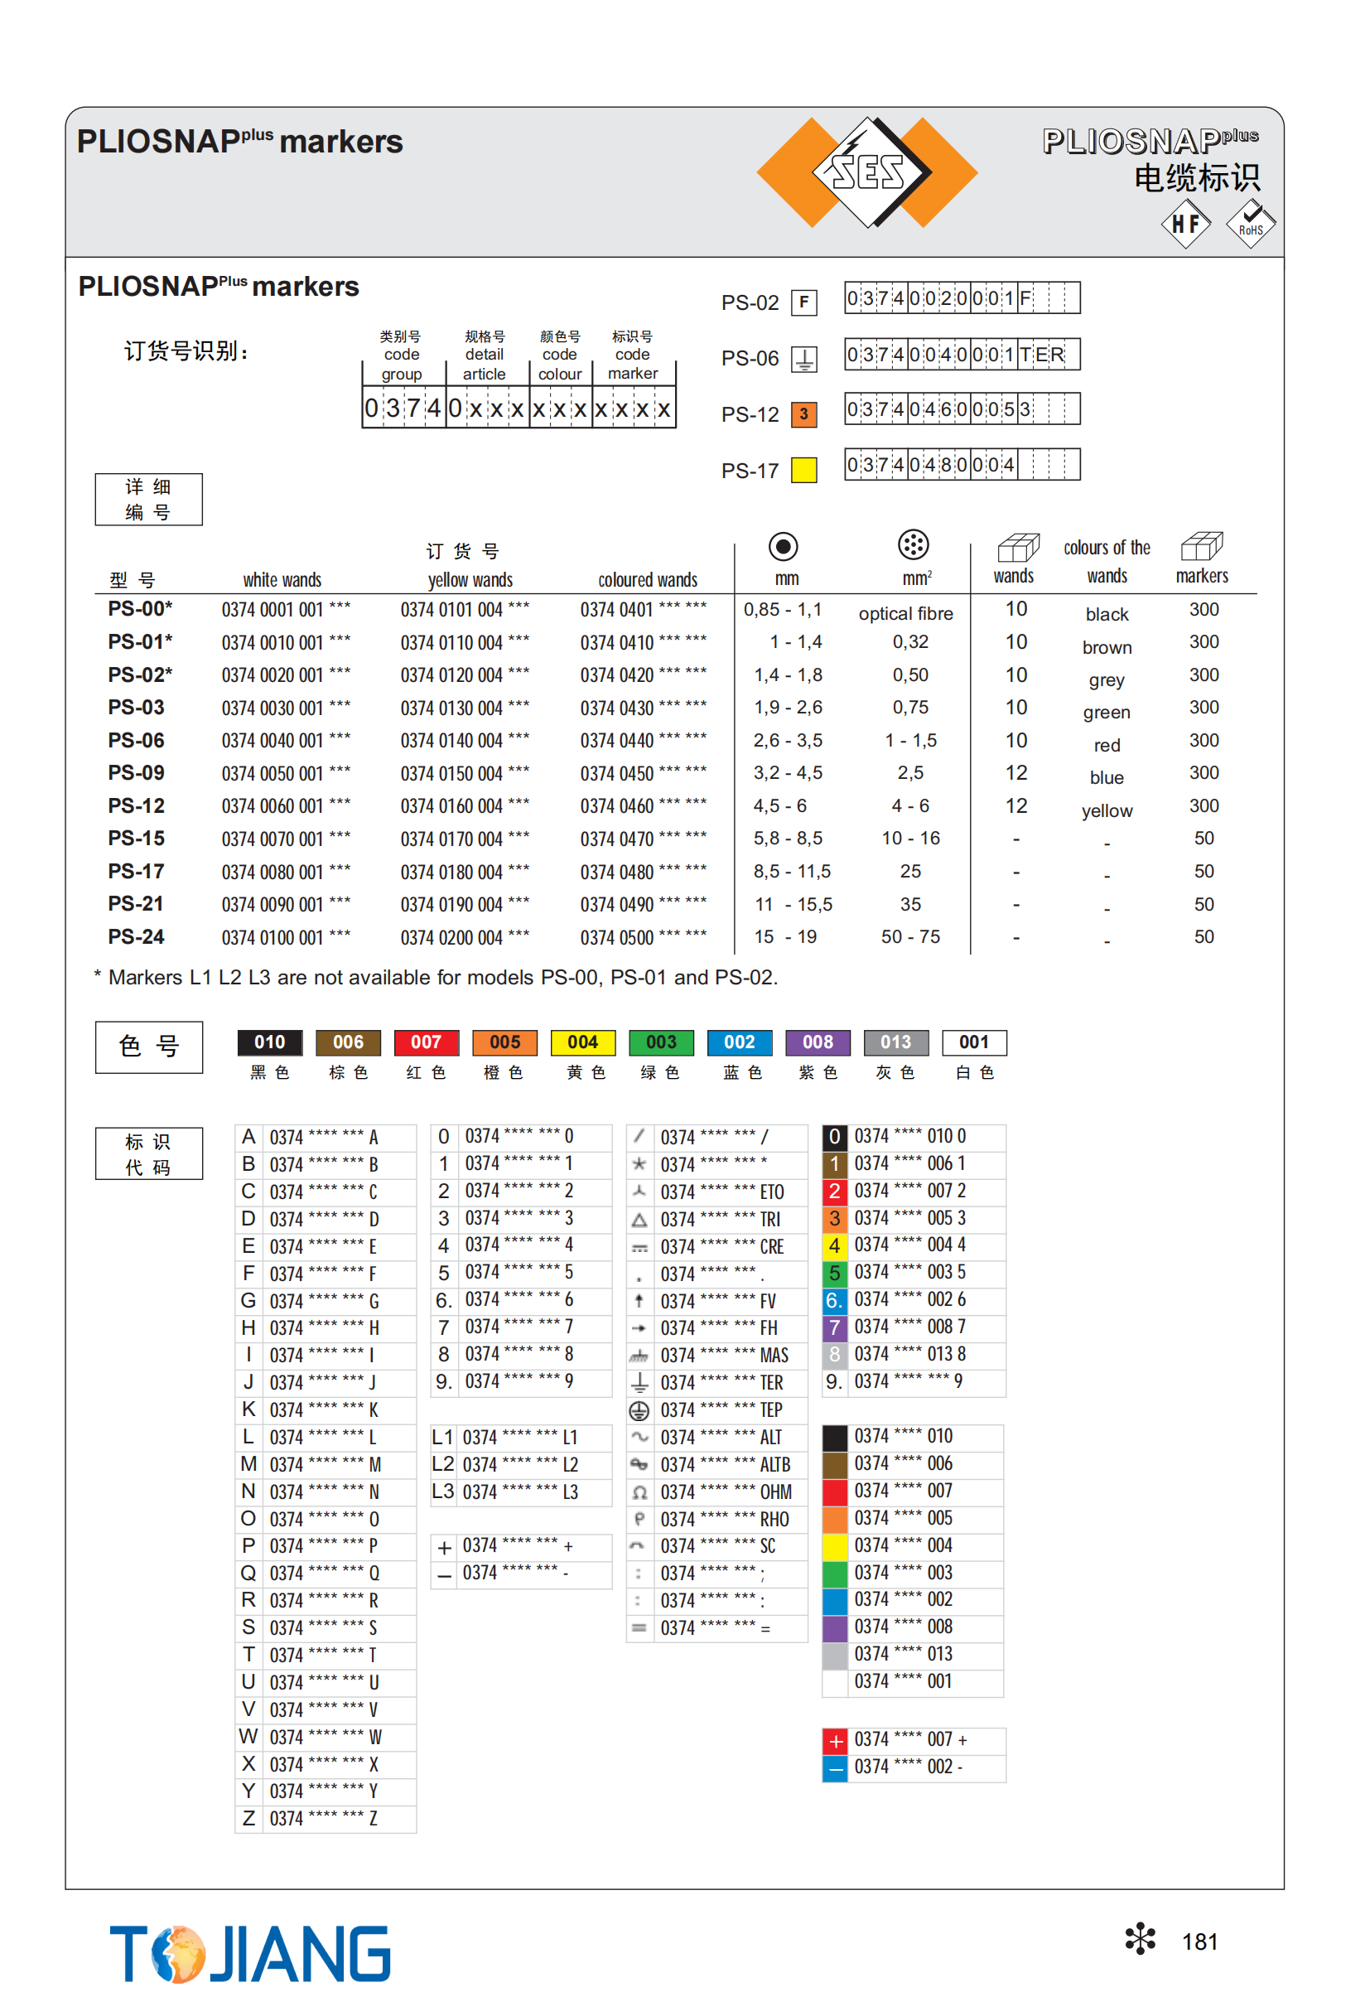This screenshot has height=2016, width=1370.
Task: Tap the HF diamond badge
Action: click(1185, 224)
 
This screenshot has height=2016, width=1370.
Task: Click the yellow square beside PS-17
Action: click(803, 470)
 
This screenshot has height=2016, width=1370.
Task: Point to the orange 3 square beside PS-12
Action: click(803, 413)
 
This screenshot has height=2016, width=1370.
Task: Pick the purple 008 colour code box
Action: click(817, 1042)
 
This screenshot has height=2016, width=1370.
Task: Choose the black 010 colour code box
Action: click(270, 1042)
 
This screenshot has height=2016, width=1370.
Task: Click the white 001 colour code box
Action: click(974, 1042)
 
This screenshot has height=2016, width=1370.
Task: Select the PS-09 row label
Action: click(136, 773)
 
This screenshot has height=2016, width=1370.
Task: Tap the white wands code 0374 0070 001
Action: click(285, 839)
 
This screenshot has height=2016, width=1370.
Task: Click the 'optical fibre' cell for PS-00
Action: click(905, 613)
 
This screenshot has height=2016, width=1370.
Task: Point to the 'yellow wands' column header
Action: click(470, 579)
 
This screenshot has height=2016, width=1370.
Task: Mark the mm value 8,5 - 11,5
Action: click(792, 871)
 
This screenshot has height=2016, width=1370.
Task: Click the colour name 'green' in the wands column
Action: click(1107, 713)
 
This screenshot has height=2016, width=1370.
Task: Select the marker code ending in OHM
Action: click(725, 1492)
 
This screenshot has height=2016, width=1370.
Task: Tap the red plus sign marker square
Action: click(835, 1740)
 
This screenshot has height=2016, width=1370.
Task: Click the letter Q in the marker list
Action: click(248, 1573)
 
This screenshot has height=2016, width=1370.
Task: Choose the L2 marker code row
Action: click(519, 1464)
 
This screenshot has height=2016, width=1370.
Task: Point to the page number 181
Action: click(1199, 1941)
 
